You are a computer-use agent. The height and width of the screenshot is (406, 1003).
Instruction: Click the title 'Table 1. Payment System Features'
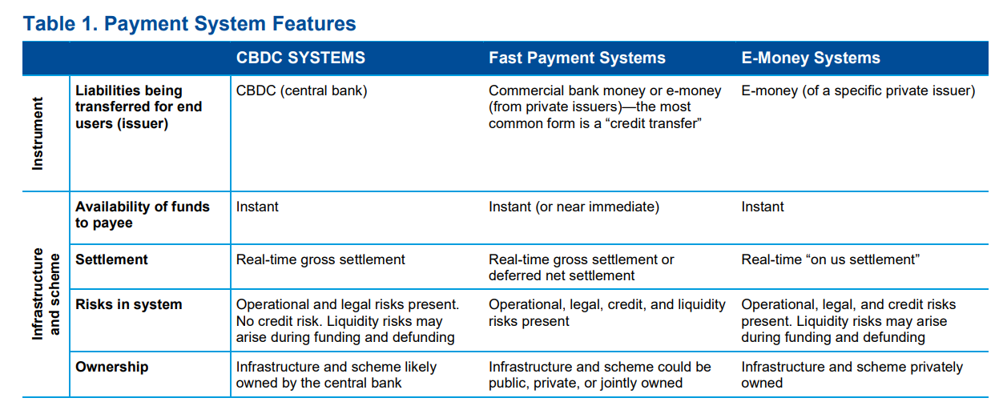coord(189,24)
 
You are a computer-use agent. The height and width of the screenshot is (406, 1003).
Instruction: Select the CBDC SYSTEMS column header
coord(300,58)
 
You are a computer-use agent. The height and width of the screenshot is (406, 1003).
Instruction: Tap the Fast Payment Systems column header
coord(577,58)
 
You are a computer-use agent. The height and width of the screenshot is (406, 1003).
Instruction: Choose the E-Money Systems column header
coord(811,58)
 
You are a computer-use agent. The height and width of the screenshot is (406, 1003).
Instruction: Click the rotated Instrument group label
coord(38,134)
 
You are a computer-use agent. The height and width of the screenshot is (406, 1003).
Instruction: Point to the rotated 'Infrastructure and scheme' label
coord(45,294)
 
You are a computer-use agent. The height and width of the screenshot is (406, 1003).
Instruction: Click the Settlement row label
coord(111,259)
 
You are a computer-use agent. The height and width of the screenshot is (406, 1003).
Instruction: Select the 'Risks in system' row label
coord(128,304)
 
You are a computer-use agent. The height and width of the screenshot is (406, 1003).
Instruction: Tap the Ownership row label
coord(111,367)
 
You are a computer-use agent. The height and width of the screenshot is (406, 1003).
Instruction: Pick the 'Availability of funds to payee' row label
coord(143,215)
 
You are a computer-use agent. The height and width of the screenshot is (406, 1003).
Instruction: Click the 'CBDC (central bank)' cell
coord(301,90)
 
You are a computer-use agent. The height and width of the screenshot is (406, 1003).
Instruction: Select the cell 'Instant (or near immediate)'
coord(574,207)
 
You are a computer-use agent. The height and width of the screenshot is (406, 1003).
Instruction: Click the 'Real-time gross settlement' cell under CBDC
coord(320,259)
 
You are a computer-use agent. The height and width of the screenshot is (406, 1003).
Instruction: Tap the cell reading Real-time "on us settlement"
coord(830,259)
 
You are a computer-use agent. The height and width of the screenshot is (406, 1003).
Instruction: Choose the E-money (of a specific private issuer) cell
coord(858,90)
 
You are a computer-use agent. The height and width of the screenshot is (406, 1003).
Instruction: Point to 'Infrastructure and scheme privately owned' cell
coord(852,375)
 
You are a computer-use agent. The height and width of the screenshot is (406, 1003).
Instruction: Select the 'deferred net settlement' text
coord(562,275)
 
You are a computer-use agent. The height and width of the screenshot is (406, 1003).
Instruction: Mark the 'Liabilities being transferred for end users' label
coord(139,107)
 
